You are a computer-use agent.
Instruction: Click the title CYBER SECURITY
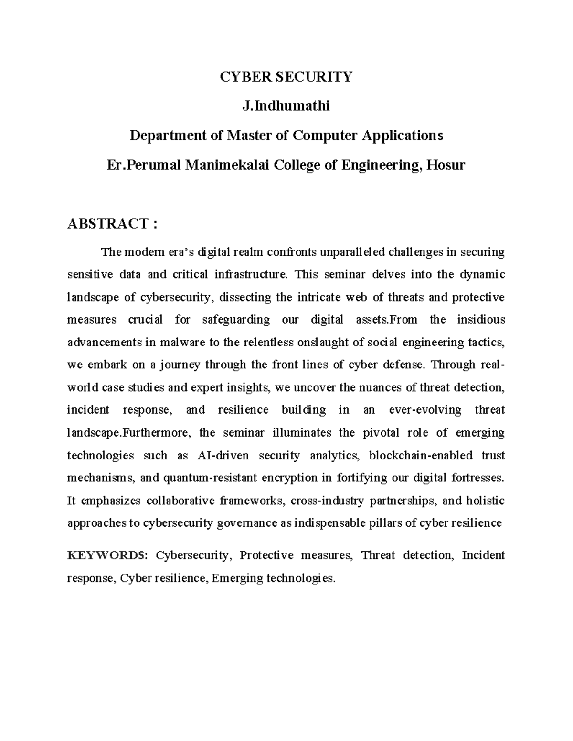(x=286, y=76)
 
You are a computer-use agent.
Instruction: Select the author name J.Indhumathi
(x=286, y=106)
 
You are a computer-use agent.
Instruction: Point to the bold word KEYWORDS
(x=107, y=555)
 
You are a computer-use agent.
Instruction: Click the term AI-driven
(x=223, y=455)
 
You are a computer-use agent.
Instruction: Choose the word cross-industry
(x=327, y=501)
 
